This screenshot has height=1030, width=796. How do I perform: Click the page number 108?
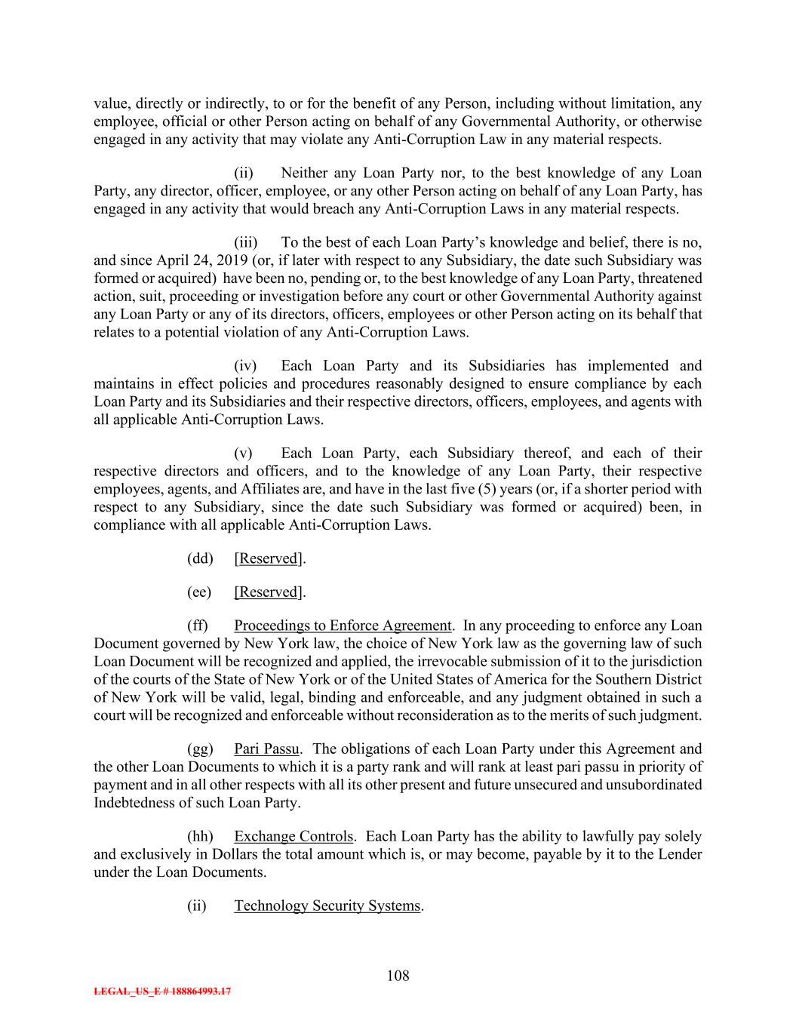click(x=398, y=976)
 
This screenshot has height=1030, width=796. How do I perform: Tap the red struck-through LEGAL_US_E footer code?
click(x=162, y=992)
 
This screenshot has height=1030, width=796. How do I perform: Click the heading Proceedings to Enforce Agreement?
click(x=343, y=626)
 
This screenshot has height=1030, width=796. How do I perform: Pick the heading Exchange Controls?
click(x=294, y=836)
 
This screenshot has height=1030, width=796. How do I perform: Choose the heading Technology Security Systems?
click(x=327, y=905)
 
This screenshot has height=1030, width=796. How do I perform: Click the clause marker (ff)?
click(x=198, y=626)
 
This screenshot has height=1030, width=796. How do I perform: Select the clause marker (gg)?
click(x=200, y=749)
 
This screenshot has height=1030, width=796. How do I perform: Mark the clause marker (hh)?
click(x=200, y=836)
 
